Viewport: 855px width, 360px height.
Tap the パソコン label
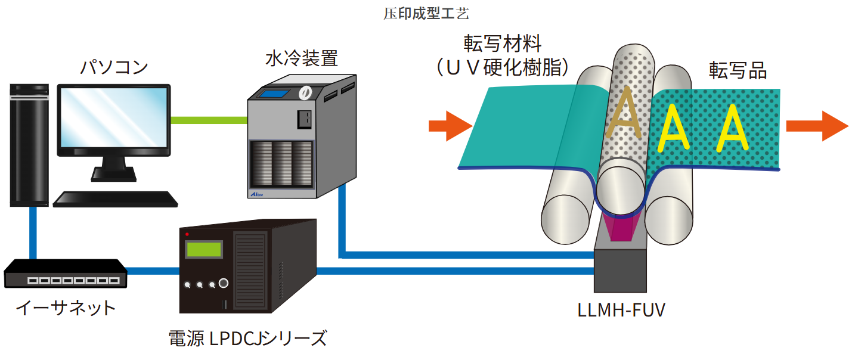tap(114, 67)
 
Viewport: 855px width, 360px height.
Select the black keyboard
tap(116, 198)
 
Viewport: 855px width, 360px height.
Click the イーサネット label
tap(65, 308)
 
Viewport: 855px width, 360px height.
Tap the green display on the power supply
tap(203, 249)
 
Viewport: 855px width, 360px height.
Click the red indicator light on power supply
tap(187, 233)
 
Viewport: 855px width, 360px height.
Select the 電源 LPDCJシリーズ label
tap(247, 339)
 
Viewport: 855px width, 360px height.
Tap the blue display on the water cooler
tap(275, 94)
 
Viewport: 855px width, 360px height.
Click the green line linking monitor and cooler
tap(209, 120)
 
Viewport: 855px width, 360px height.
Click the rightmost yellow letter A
tap(733, 127)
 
